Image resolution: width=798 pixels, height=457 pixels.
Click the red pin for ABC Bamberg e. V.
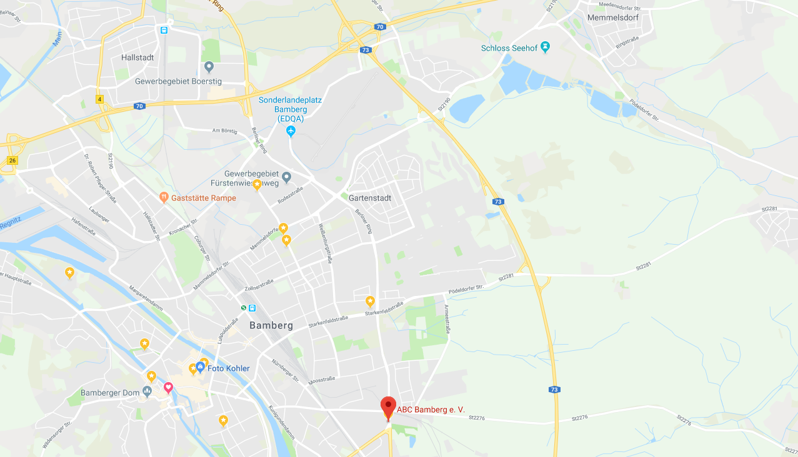(x=388, y=406)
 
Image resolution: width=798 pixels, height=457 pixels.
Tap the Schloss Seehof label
(x=509, y=47)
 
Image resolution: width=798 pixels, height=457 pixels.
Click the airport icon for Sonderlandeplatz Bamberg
(x=291, y=130)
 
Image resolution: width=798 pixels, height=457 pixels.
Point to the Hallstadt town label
(x=137, y=57)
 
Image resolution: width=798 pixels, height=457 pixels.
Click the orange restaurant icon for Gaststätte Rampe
(x=164, y=197)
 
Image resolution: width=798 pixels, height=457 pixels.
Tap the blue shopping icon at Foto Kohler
(x=200, y=366)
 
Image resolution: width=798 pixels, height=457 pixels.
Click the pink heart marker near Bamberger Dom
(x=168, y=388)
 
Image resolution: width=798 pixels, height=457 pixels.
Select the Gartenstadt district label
(x=370, y=198)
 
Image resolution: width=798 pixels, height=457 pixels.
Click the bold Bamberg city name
(x=271, y=325)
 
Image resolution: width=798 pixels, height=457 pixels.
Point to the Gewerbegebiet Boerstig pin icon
(x=209, y=67)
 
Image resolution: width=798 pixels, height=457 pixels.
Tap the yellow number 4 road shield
(x=99, y=99)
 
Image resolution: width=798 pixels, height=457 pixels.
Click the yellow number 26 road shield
(x=12, y=160)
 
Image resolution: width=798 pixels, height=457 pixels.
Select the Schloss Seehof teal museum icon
(x=546, y=47)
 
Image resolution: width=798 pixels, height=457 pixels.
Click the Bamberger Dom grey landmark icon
(x=147, y=391)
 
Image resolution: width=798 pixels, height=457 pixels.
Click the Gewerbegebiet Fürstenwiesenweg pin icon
(x=287, y=177)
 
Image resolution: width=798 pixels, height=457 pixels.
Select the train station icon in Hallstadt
(x=164, y=29)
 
